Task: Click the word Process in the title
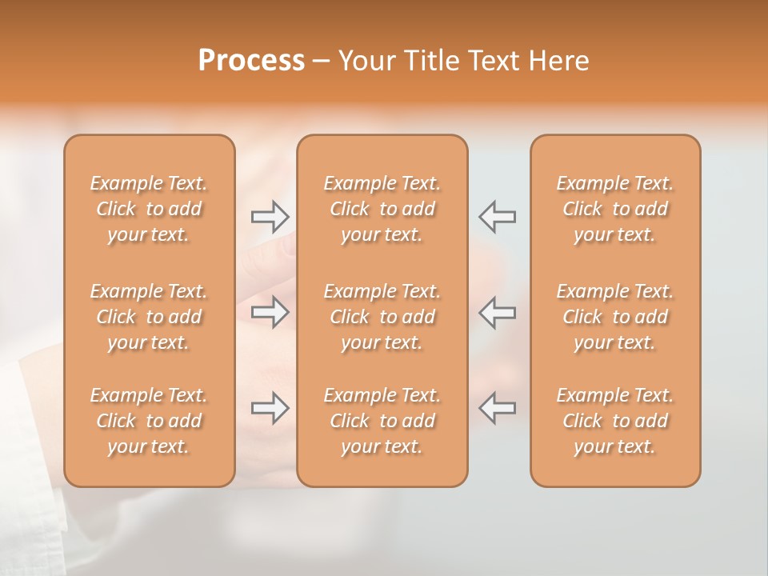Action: click(x=251, y=61)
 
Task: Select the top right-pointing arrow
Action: click(x=270, y=215)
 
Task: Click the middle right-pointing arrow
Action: click(x=270, y=312)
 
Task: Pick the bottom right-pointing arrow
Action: click(x=270, y=408)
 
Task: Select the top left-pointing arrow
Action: click(x=497, y=215)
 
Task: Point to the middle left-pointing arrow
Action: click(x=497, y=312)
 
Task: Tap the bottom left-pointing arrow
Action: click(x=497, y=408)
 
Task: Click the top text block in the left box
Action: click(x=149, y=209)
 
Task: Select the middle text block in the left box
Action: click(x=149, y=317)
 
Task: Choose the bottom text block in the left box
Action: click(x=149, y=421)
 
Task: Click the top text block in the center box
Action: click(x=382, y=209)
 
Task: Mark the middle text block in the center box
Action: click(x=382, y=317)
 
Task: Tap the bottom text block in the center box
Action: click(x=382, y=421)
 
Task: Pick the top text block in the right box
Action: click(x=615, y=209)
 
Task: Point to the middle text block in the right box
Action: click(x=615, y=317)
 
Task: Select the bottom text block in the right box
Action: click(x=615, y=421)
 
